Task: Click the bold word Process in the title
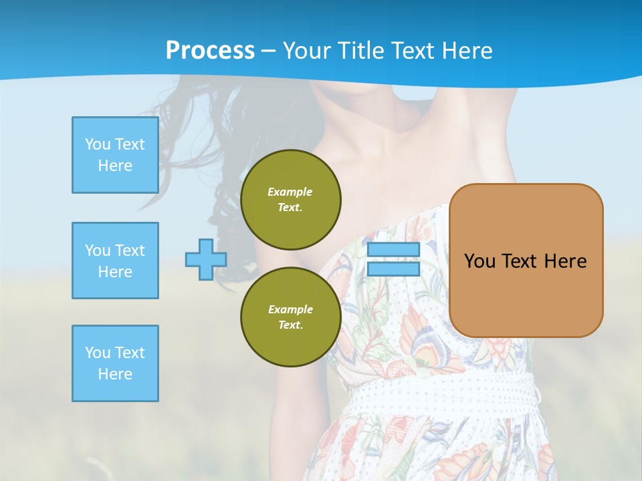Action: [x=210, y=51]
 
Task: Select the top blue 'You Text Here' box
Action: [x=115, y=155]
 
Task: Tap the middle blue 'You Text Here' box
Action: [x=115, y=261]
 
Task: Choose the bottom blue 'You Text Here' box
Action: [x=115, y=363]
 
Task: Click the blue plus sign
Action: [x=206, y=259]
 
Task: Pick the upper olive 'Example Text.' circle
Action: [x=291, y=200]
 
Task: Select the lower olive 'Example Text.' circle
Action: [x=291, y=317]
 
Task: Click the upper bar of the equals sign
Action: [x=393, y=250]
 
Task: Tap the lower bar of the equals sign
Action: [x=393, y=269]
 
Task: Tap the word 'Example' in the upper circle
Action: [x=290, y=192]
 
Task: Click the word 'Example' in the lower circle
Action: [x=290, y=309]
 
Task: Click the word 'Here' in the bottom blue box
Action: [x=115, y=374]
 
